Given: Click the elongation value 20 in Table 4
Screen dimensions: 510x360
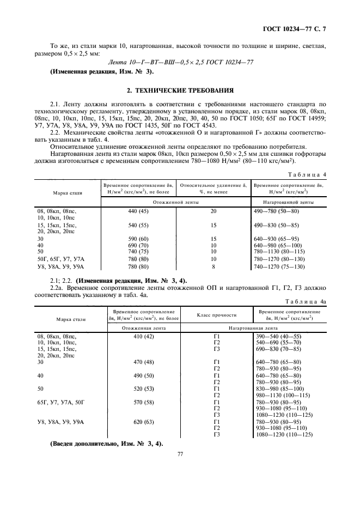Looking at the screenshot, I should tap(213, 211).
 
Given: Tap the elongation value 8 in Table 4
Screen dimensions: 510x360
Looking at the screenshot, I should tap(213, 267).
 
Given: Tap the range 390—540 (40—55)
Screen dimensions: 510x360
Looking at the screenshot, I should tap(286, 337).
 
